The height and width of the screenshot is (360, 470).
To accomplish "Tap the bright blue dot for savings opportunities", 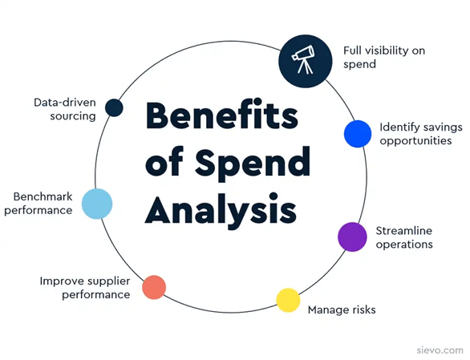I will (x=357, y=134).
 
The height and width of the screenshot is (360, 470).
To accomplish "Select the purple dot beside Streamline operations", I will (x=352, y=237).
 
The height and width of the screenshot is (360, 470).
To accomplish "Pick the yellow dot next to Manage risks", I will (x=288, y=300).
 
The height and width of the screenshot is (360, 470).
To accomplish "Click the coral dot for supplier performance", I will (x=154, y=286).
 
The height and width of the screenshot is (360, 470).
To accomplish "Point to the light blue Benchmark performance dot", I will (x=97, y=204).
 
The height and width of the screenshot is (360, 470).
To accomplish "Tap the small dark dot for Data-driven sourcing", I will (x=114, y=107).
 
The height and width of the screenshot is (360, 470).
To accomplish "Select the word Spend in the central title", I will (x=253, y=164).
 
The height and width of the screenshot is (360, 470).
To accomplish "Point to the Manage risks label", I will (x=342, y=309).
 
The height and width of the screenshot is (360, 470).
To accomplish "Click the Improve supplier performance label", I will (x=85, y=288).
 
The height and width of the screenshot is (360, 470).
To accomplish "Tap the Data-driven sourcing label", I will (x=65, y=109).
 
